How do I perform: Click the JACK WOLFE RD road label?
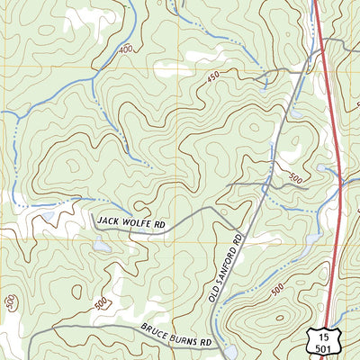[x=135, y=220]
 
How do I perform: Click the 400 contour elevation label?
[x=125, y=48]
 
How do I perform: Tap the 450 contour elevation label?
[x=213, y=79]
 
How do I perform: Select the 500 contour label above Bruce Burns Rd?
[x=99, y=303]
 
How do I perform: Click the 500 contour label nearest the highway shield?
[x=277, y=289]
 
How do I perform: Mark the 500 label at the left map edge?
[x=9, y=304]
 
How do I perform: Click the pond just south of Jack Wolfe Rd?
[x=100, y=244]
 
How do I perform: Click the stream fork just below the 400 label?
[x=94, y=77]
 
